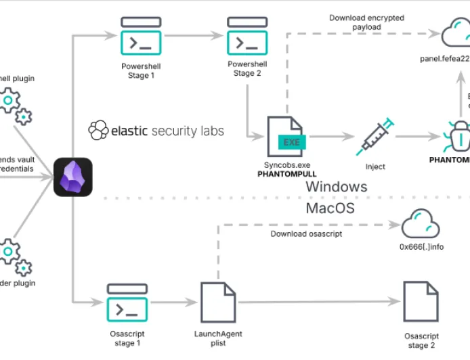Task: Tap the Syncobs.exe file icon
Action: point(285,138)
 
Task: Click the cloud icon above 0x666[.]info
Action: point(421,224)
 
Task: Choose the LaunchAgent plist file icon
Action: point(218,304)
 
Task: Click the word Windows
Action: point(336,186)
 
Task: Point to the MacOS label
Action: point(330,208)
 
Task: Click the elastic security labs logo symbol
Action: point(99,130)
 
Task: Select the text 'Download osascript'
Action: point(306,233)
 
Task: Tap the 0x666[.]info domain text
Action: point(421,247)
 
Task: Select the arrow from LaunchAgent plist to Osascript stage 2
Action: point(318,302)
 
